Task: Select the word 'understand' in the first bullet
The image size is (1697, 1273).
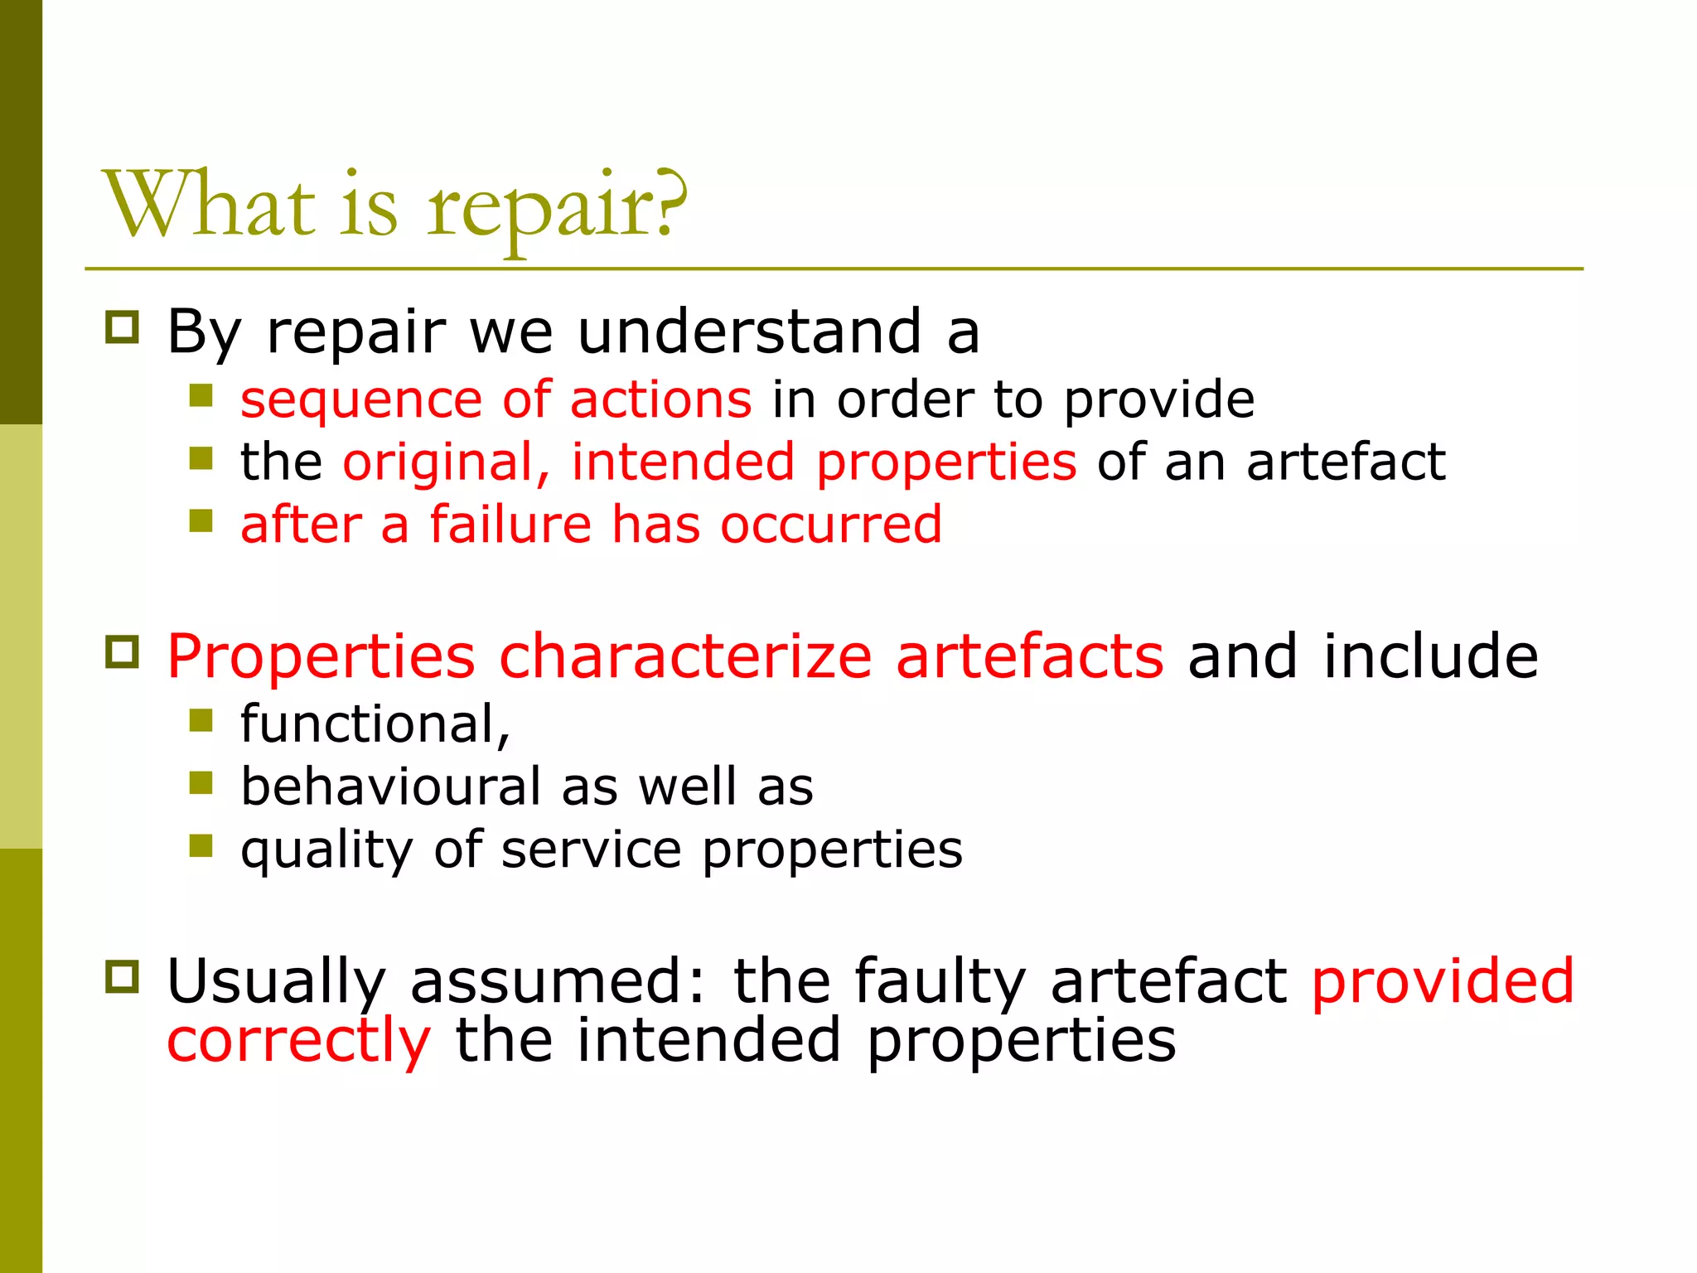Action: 749,332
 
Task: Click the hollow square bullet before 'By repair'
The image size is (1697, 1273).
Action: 122,327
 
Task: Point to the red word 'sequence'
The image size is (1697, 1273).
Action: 360,400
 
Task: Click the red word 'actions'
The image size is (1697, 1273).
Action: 660,399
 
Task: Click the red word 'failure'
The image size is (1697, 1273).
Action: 510,525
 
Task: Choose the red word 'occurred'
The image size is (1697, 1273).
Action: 830,525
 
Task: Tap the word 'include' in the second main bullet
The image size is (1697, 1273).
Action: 1430,656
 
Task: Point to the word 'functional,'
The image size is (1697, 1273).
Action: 375,724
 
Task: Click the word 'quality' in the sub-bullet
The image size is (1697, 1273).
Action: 326,850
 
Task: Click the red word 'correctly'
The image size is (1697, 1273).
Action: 299,1041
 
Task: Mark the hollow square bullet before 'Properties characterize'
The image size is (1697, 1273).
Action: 122,651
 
